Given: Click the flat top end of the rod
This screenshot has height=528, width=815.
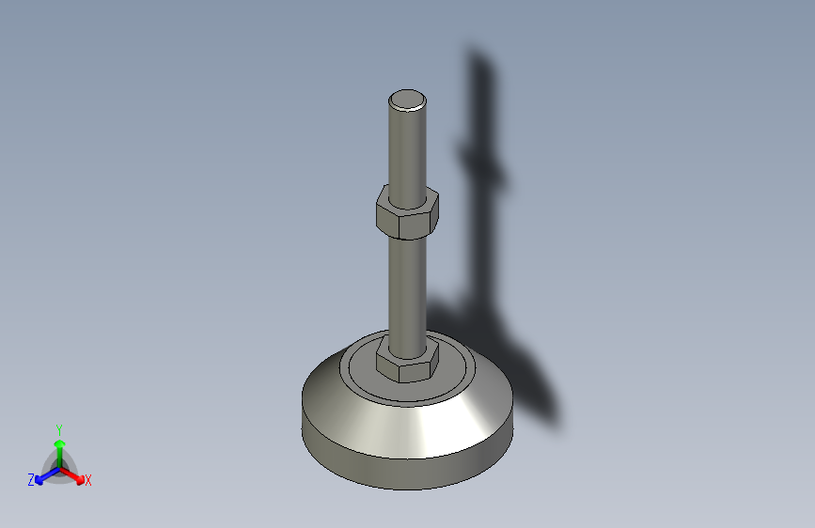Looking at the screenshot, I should (x=408, y=99).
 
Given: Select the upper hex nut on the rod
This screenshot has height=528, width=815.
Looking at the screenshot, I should (x=407, y=211).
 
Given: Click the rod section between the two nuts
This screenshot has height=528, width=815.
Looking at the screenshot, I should (x=407, y=287).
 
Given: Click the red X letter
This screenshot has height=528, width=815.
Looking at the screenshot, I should (x=88, y=481).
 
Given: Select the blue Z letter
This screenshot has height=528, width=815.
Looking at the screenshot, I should (x=31, y=480).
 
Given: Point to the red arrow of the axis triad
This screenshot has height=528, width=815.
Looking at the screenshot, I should (x=75, y=474).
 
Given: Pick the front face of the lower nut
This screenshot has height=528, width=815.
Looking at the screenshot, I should (x=415, y=369).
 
